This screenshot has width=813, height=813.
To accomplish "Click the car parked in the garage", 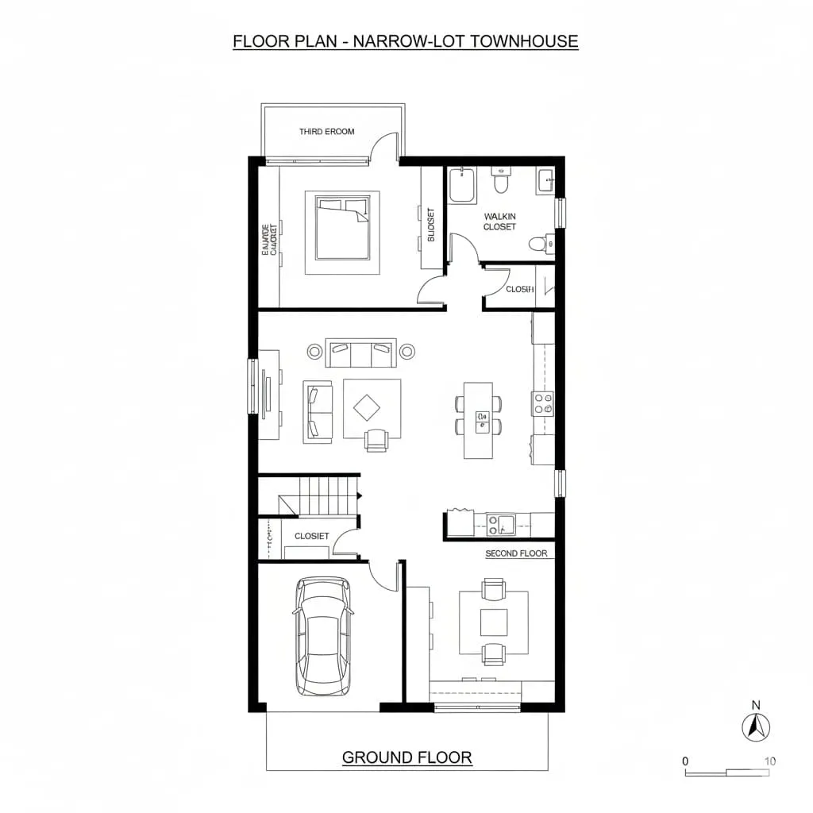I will pos(322,636).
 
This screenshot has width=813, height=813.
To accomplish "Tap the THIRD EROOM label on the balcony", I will pos(326,132).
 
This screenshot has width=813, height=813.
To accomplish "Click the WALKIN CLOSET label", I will pos(499,222).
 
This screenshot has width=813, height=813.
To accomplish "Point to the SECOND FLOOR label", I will pos(516,553).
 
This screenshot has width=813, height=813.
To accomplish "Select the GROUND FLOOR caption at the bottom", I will pos(406,757).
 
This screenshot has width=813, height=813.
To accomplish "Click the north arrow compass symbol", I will pos(756,727).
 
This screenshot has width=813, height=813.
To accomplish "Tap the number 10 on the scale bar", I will pos(769,761).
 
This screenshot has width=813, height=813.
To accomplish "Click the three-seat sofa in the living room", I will pos(360,353).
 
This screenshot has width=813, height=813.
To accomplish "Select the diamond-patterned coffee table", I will pos(367,408).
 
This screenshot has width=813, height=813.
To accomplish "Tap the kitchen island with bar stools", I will pos(479,419).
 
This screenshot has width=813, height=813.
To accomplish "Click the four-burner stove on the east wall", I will pos(543,403).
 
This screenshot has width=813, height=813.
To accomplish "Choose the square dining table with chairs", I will pos(494,622).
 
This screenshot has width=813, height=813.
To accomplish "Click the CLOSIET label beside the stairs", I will pos(311,536).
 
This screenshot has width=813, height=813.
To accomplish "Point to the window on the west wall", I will pos(254,387).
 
